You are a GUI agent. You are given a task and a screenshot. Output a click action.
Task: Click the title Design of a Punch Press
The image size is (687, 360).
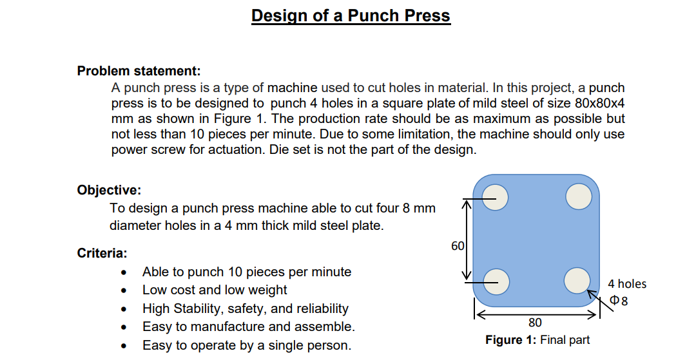pyautogui.click(x=351, y=15)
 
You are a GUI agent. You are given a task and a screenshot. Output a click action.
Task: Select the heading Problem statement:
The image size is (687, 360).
pyautogui.click(x=139, y=71)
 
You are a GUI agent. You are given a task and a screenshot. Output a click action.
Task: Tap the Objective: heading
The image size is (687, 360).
pyautogui.click(x=109, y=190)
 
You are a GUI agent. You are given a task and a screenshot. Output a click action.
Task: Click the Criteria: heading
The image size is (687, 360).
pyautogui.click(x=102, y=253)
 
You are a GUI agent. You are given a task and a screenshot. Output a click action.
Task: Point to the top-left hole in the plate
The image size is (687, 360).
pyautogui.click(x=495, y=197)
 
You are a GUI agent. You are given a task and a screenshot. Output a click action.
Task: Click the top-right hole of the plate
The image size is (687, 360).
pyautogui.click(x=579, y=196)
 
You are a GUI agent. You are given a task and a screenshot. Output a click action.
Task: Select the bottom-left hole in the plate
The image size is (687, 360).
pyautogui.click(x=496, y=281)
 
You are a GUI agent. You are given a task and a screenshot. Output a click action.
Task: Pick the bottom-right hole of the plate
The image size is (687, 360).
pyautogui.click(x=577, y=281)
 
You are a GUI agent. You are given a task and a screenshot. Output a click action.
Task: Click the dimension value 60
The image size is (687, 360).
pyautogui.click(x=458, y=246)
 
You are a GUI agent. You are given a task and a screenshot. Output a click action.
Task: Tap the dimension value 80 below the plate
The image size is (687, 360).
pyautogui.click(x=535, y=323)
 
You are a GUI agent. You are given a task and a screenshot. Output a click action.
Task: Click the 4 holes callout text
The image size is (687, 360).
pyautogui.click(x=627, y=284)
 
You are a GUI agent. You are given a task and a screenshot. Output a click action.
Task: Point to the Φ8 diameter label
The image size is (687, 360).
pyautogui.click(x=619, y=301)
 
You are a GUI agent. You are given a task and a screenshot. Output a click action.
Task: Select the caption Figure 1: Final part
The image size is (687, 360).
pyautogui.click(x=537, y=340)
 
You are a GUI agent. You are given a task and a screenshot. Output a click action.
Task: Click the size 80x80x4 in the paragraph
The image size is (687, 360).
pyautogui.click(x=599, y=103)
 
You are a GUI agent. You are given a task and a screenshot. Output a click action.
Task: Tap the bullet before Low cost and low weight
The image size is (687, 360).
pyautogui.click(x=124, y=291)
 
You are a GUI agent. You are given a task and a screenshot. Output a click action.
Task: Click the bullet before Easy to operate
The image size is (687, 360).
pyautogui.click(x=124, y=346)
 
